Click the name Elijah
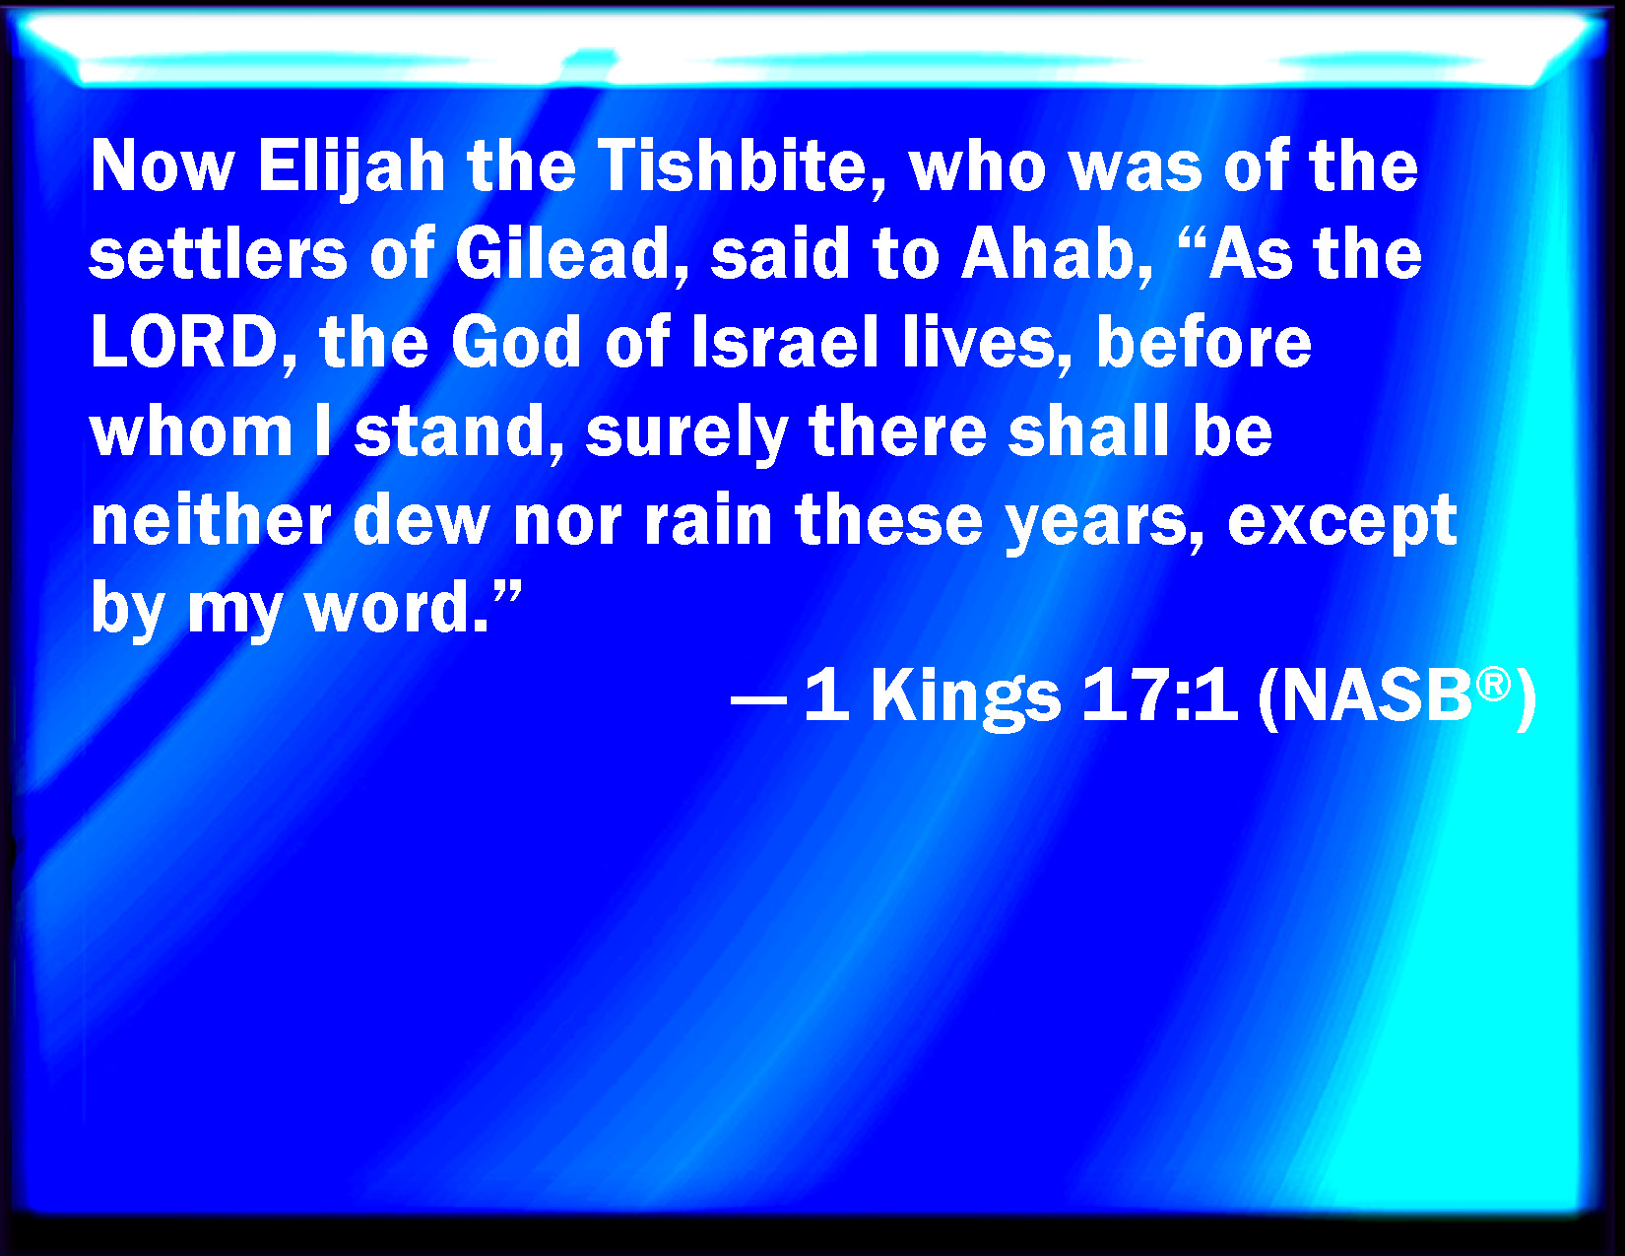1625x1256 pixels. (352, 168)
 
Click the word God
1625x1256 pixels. (515, 343)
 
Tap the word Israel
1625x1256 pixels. (785, 343)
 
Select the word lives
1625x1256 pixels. (985, 344)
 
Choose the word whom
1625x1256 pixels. (191, 431)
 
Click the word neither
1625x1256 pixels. (210, 520)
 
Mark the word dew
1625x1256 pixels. (421, 520)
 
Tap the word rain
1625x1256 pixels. (707, 520)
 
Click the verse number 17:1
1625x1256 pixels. (1158, 695)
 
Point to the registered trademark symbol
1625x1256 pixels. (1493, 684)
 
